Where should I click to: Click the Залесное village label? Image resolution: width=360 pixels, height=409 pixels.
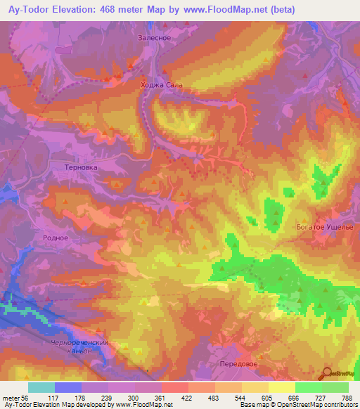[155, 38]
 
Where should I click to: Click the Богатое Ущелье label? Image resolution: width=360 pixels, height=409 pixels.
[325, 228]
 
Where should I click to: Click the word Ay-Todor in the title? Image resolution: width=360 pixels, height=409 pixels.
[27, 9]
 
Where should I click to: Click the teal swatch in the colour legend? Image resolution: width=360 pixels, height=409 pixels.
[41, 387]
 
